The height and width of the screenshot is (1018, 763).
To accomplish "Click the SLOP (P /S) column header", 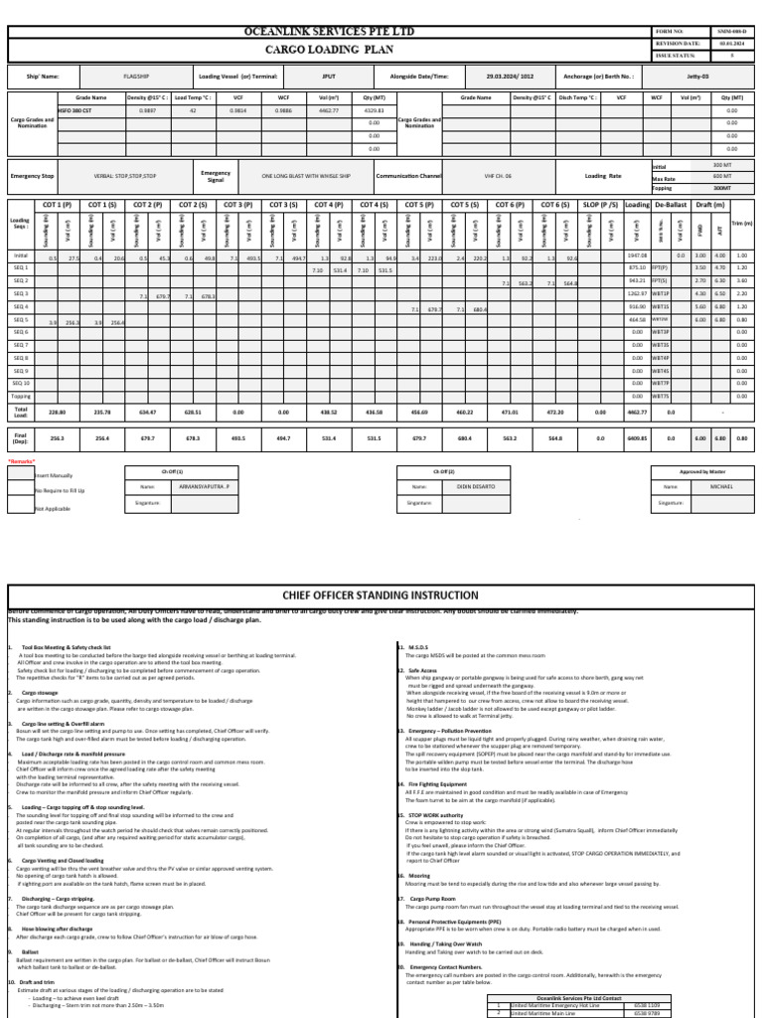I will (x=600, y=204).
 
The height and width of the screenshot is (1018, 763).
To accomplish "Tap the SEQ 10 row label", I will (x=21, y=383).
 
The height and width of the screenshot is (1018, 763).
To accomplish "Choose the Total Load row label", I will (x=21, y=410).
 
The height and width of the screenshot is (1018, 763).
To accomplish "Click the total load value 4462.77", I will (x=636, y=410).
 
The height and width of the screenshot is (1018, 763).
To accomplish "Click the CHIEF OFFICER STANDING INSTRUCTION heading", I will (x=381, y=594).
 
